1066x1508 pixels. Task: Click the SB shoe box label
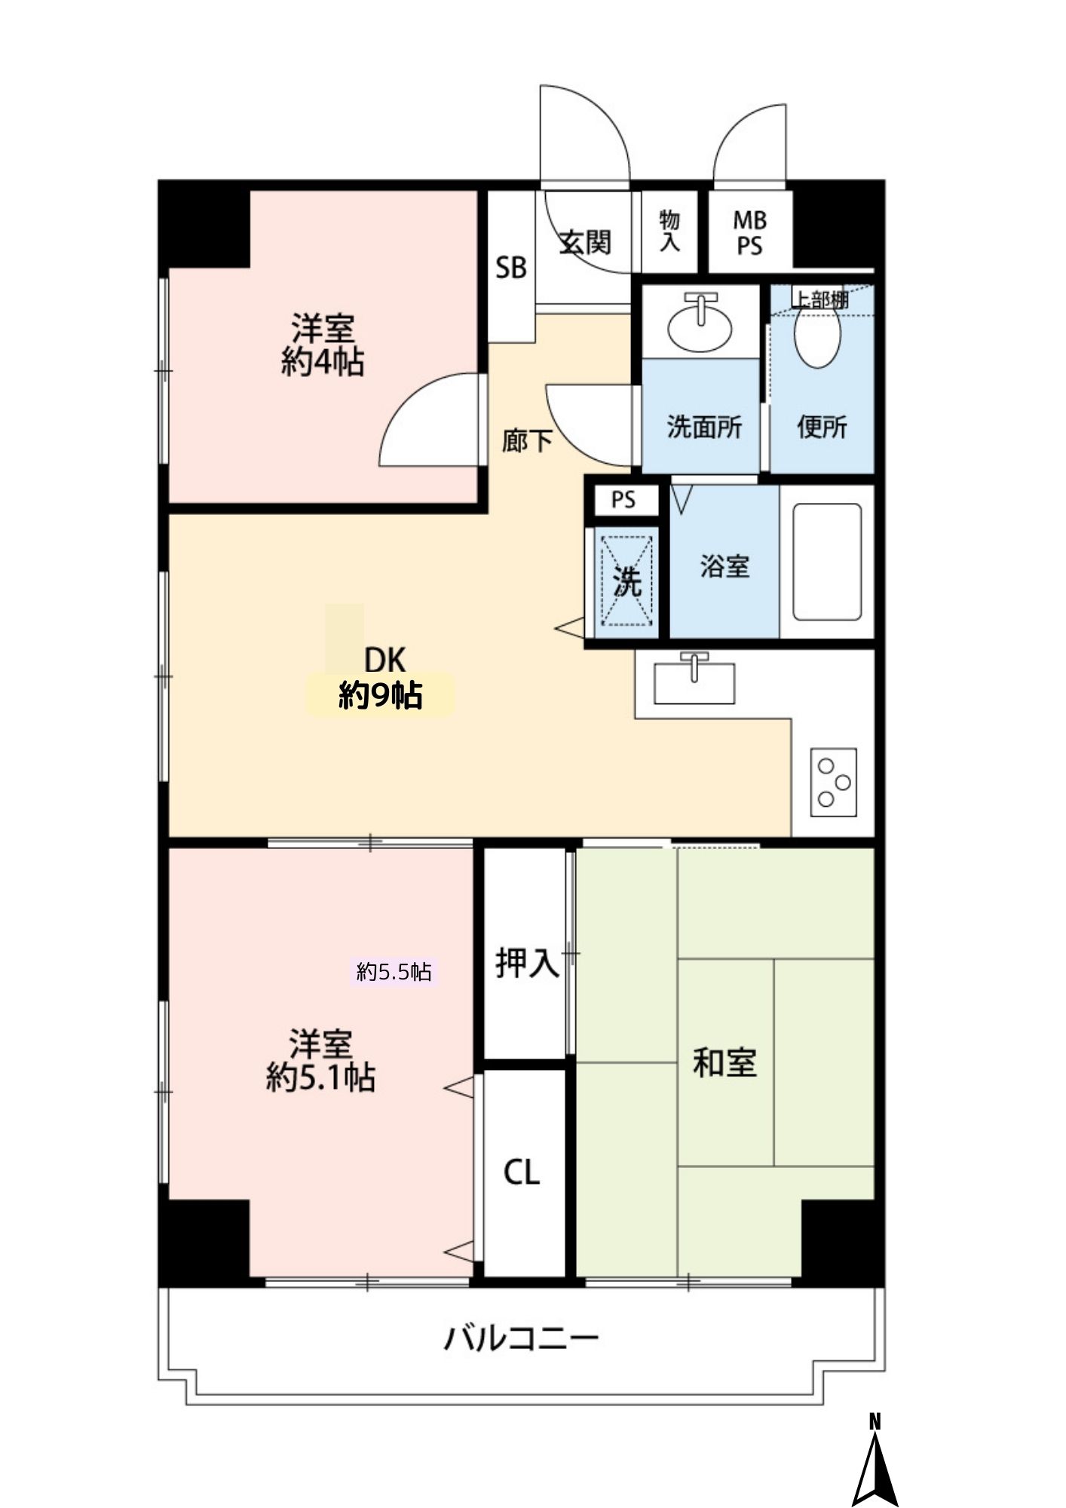[x=510, y=267]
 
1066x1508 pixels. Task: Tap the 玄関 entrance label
[x=584, y=243]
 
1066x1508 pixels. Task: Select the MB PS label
[x=749, y=233]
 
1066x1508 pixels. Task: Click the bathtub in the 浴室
[x=827, y=562]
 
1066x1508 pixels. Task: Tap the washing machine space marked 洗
[x=626, y=581]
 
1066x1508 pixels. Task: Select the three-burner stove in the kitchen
[x=834, y=782]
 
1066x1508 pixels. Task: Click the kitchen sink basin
[x=694, y=682]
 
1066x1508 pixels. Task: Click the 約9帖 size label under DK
[x=380, y=694]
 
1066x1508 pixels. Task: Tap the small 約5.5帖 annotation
[x=394, y=972]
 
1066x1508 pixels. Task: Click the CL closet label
[x=522, y=1172]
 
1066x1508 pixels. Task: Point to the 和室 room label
[x=724, y=1062]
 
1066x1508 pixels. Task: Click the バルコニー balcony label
[x=521, y=1338]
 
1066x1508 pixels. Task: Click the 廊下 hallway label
[x=527, y=440]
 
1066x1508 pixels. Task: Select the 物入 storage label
[x=669, y=231]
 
